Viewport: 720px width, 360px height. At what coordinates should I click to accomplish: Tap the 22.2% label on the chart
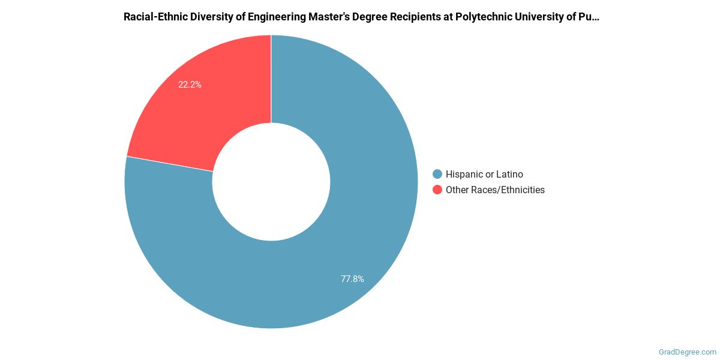pos(190,85)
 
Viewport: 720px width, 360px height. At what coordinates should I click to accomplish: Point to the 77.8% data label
pos(352,278)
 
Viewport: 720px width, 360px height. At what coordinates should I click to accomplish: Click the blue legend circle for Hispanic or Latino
pos(437,175)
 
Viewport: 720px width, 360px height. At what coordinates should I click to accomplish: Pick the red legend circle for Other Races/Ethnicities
pos(437,190)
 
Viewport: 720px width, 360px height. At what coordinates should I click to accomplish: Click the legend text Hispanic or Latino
pos(484,175)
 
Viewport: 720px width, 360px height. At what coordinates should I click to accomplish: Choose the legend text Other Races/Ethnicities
pos(495,190)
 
